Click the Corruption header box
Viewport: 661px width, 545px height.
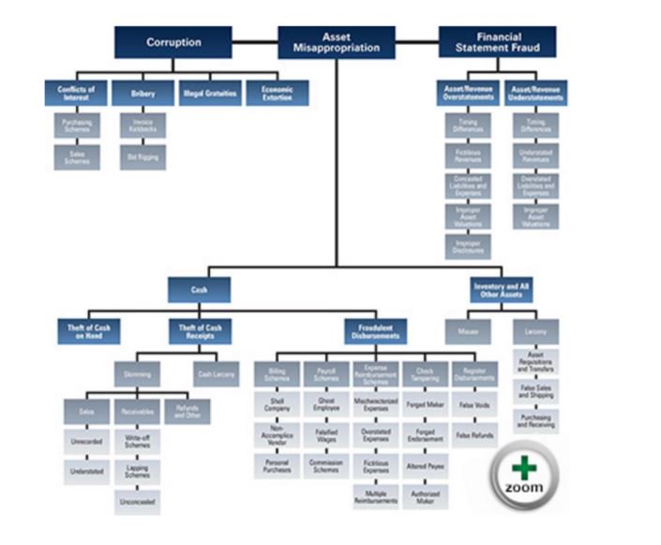click(x=173, y=42)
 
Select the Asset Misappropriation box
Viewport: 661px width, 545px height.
click(x=337, y=42)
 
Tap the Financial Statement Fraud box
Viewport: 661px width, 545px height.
click(x=497, y=42)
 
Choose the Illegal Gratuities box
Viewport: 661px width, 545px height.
click(x=209, y=94)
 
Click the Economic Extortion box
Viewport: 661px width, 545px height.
click(x=277, y=94)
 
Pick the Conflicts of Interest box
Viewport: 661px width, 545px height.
click(x=76, y=94)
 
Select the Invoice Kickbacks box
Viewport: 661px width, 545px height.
click(x=143, y=127)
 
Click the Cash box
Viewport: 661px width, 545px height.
click(x=199, y=290)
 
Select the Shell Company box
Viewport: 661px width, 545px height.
click(x=277, y=404)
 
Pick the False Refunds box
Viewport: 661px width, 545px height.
click(x=474, y=436)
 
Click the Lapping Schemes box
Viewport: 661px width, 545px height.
click(x=137, y=471)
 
